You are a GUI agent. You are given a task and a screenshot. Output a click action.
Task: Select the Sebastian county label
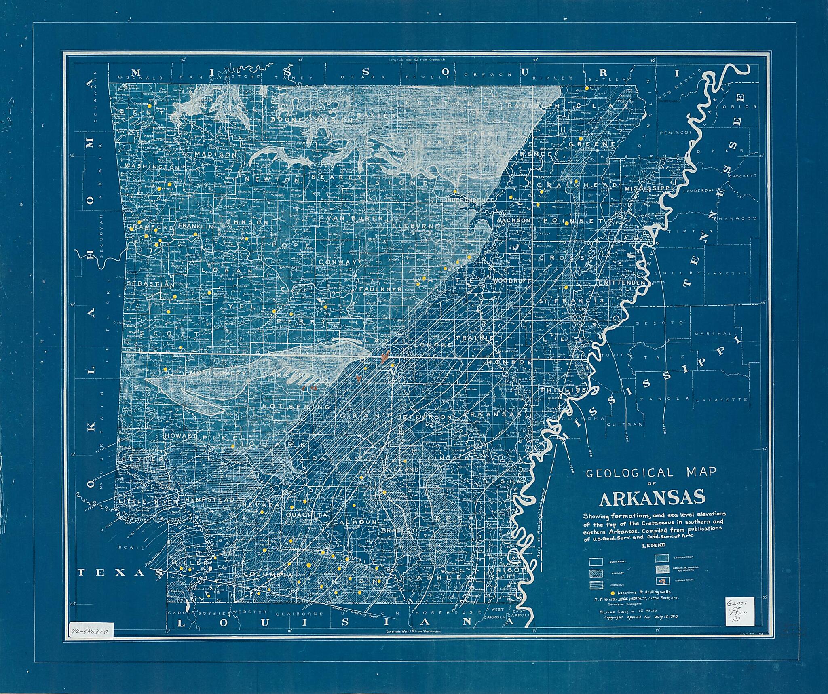point(150,284)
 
